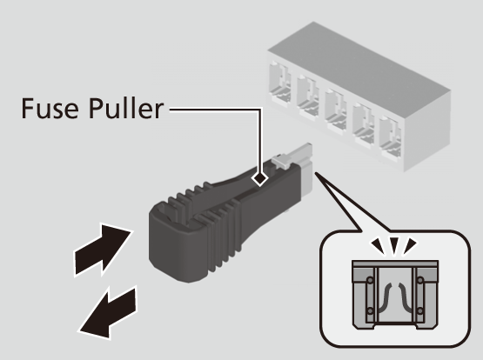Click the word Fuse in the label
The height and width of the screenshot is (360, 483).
click(x=50, y=108)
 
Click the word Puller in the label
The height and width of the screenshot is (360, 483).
click(x=125, y=108)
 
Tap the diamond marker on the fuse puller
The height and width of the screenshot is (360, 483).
click(x=259, y=178)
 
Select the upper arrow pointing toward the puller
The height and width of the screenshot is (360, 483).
click(x=103, y=250)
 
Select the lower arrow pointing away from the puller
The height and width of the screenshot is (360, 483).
click(x=108, y=312)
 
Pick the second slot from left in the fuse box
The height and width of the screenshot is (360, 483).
click(x=307, y=97)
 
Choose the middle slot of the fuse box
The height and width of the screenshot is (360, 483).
click(x=335, y=110)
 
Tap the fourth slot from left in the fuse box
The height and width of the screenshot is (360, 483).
click(x=363, y=125)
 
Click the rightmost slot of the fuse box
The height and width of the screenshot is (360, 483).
click(x=391, y=139)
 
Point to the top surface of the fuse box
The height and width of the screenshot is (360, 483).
click(x=359, y=57)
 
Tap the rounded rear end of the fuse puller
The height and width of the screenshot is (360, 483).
click(x=172, y=240)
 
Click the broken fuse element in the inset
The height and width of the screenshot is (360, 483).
click(x=395, y=297)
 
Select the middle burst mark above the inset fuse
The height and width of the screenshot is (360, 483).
click(x=394, y=245)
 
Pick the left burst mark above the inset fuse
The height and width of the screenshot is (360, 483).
click(x=379, y=246)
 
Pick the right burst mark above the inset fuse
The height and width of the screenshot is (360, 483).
click(x=410, y=246)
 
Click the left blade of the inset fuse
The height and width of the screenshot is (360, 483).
click(x=370, y=296)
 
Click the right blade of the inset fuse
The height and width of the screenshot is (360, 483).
click(x=420, y=296)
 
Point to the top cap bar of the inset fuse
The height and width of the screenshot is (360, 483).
click(x=395, y=263)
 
